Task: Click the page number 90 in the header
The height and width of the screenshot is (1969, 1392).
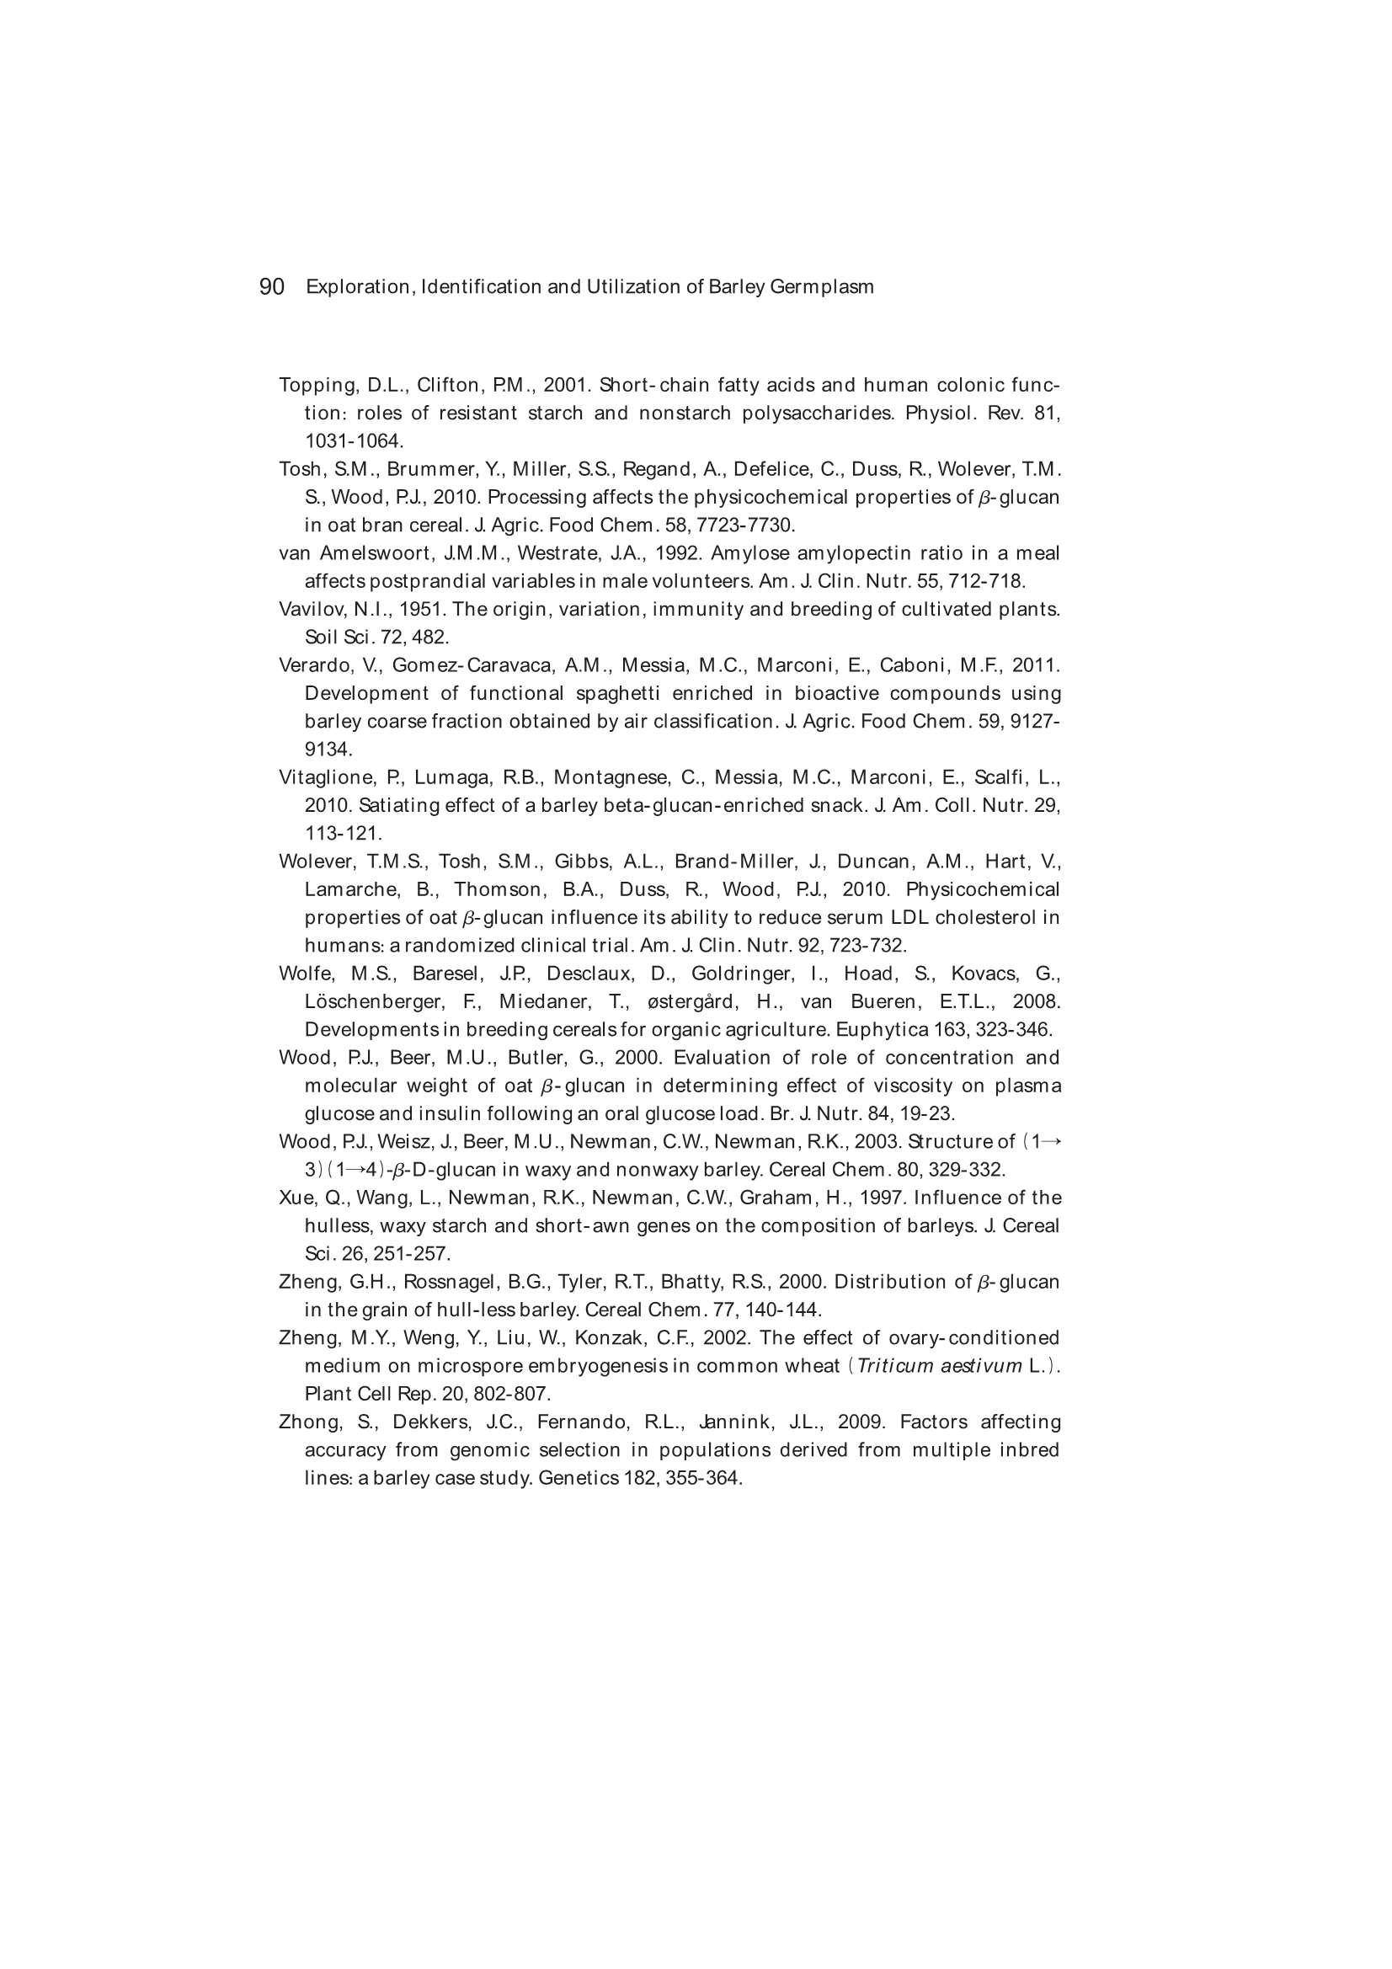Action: tap(271, 286)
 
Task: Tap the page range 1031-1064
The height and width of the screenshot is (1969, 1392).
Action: tap(354, 441)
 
